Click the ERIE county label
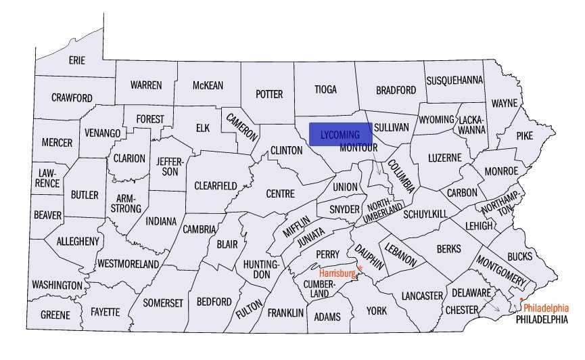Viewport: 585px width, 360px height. click(x=77, y=60)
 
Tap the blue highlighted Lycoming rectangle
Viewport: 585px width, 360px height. click(x=341, y=134)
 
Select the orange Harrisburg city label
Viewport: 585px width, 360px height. click(x=337, y=273)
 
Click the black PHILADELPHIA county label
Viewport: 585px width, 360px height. click(x=542, y=319)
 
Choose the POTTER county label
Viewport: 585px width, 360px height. click(x=268, y=94)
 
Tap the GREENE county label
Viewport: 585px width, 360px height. click(x=55, y=315)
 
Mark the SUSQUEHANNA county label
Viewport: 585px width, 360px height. click(x=454, y=81)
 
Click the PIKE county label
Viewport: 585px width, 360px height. click(x=524, y=135)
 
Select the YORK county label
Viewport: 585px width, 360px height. click(x=377, y=311)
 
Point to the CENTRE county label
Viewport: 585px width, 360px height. click(x=280, y=194)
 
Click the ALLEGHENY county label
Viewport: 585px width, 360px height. click(x=78, y=241)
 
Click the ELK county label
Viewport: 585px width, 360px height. click(x=203, y=127)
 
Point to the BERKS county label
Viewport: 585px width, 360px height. click(x=448, y=248)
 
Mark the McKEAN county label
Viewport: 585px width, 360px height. click(x=208, y=85)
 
